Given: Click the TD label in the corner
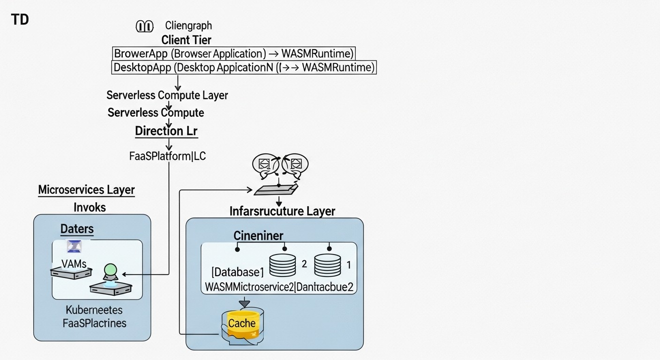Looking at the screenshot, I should tap(20, 20).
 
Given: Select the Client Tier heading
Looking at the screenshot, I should tap(186, 40).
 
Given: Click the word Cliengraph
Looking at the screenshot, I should tap(188, 26).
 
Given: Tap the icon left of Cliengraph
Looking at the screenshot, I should tap(144, 26).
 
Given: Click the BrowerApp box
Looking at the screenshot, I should tap(234, 53).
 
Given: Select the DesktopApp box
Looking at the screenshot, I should tap(244, 67).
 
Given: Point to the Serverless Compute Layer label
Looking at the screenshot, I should tap(167, 95).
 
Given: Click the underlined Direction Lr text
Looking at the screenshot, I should tap(166, 131).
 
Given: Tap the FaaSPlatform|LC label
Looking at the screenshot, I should tap(167, 156).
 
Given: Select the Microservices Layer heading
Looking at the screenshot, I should tap(86, 190).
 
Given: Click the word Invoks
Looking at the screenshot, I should tap(90, 207).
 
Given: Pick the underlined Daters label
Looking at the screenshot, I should tap(77, 229).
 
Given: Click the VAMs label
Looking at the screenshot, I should tap(74, 264).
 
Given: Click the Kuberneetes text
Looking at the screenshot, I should tap(94, 310).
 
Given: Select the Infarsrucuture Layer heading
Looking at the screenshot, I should tap(282, 211).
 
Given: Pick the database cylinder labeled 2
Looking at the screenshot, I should tap(283, 265).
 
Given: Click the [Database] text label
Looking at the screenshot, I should tap(238, 272).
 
